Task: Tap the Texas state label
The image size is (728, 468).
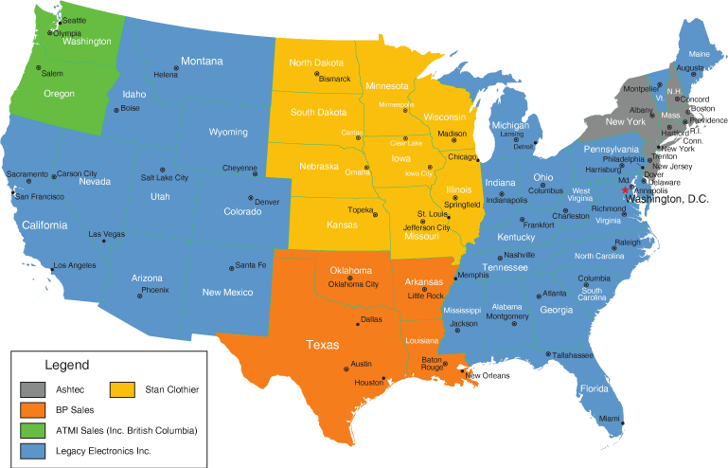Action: [x=322, y=345]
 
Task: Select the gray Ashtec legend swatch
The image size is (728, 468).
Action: [x=31, y=388]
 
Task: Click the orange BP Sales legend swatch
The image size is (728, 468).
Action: [x=31, y=409]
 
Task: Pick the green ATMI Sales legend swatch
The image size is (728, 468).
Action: [x=31, y=430]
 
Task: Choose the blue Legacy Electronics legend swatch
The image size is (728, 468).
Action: [x=31, y=451]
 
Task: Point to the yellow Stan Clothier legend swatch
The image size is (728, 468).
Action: [x=121, y=388]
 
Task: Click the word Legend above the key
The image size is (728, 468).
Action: [x=66, y=365]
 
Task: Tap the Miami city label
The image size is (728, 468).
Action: [x=610, y=418]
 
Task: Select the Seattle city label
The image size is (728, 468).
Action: [x=74, y=20]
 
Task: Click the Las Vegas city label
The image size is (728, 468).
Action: [x=106, y=234]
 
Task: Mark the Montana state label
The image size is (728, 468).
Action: [x=202, y=62]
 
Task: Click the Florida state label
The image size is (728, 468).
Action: [x=595, y=388]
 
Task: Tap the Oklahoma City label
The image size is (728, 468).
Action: [x=353, y=284]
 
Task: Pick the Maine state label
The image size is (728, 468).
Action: [x=699, y=53]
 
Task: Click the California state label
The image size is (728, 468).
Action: [x=41, y=225]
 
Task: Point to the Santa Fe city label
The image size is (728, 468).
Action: [x=251, y=265]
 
